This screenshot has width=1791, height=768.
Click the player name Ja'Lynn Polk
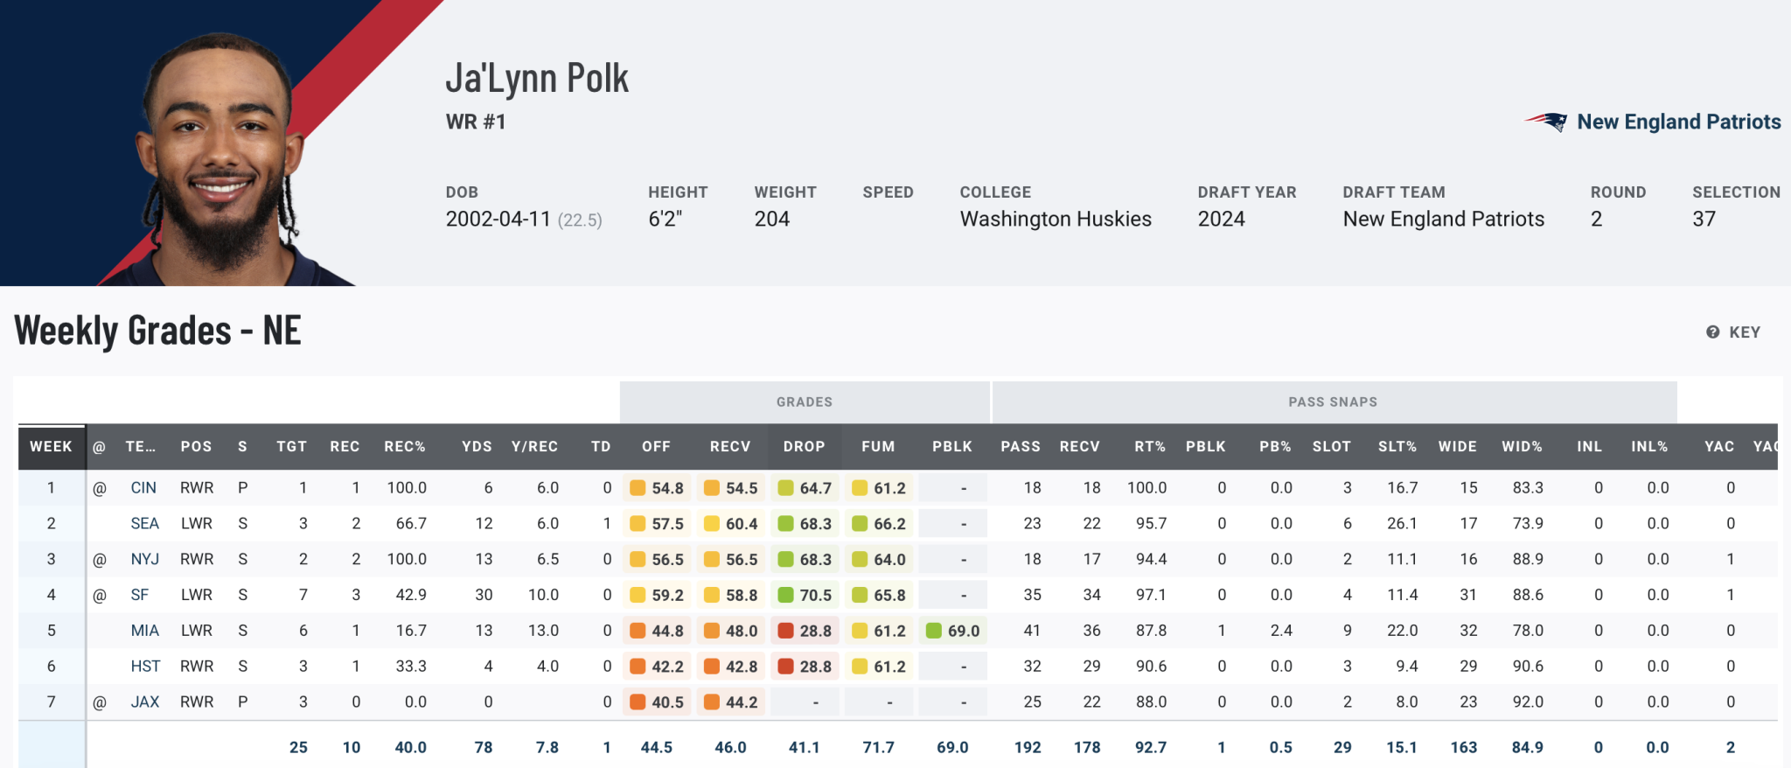tap(537, 79)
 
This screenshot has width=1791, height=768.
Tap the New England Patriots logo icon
tap(1546, 122)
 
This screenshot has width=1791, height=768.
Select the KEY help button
tap(1733, 332)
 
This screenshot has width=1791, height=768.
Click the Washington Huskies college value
tap(1056, 219)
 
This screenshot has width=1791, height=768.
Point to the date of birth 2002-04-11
tap(498, 219)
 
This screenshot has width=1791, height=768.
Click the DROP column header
tap(804, 446)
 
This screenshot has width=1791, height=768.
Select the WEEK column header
tap(51, 446)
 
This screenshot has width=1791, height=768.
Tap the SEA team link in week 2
tap(145, 524)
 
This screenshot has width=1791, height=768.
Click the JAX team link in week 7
tap(145, 702)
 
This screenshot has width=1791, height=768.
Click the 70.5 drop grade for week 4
tap(805, 595)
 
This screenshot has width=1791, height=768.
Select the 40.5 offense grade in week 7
tap(657, 702)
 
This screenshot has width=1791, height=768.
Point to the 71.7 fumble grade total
tap(878, 748)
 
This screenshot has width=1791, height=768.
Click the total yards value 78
tap(484, 748)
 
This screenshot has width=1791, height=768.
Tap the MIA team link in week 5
tap(145, 631)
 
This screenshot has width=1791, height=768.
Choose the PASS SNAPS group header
tap(1333, 402)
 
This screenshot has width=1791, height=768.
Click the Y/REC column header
tap(534, 446)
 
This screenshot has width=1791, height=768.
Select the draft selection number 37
tap(1704, 219)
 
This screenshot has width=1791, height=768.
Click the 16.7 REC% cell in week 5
tap(411, 631)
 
